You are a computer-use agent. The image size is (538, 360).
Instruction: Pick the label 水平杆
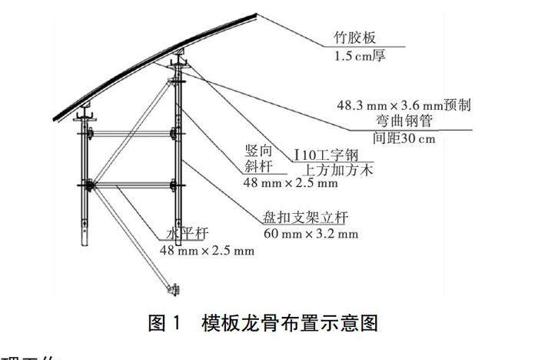point(184,234)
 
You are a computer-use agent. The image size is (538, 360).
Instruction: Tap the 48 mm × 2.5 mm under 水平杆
point(206,251)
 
